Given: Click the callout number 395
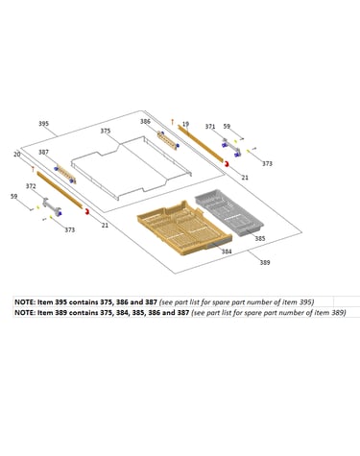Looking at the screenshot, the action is (x=43, y=124).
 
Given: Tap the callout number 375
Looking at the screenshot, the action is (x=106, y=131).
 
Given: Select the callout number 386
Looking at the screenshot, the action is (x=145, y=121).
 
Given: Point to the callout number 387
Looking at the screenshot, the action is (x=43, y=152).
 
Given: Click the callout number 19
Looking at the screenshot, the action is (x=185, y=124).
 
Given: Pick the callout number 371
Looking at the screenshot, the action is (x=210, y=127).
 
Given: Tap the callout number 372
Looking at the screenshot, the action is (x=31, y=186).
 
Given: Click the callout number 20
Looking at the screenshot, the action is (x=17, y=155).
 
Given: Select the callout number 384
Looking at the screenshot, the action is (x=227, y=252).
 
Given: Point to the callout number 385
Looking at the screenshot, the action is (x=260, y=238).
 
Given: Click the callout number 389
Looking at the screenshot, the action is (x=265, y=262).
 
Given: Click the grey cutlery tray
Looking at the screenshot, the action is (x=229, y=213).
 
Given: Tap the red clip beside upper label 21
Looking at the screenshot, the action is (x=227, y=164).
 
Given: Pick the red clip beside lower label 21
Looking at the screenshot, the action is (x=86, y=211).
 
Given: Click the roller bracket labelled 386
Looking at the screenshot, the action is (x=168, y=140).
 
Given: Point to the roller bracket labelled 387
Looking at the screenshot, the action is (x=65, y=174).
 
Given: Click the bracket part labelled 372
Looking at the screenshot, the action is (x=52, y=207).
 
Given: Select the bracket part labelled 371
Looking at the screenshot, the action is (x=231, y=148).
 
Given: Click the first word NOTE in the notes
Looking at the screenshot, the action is (x=25, y=302).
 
